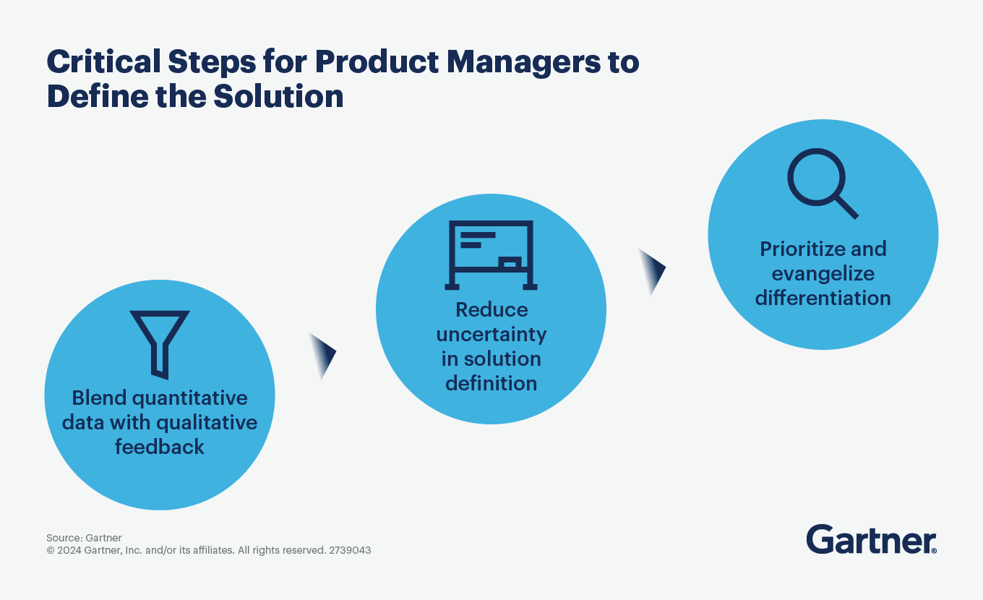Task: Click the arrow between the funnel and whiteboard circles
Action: click(323, 356)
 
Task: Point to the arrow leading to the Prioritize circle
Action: click(653, 272)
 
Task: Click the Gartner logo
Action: click(871, 539)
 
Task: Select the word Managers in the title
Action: click(524, 63)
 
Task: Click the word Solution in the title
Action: click(278, 96)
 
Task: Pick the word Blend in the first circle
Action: click(100, 398)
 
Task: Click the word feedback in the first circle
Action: click(160, 447)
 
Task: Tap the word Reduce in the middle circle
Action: click(491, 309)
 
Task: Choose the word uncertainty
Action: click(491, 335)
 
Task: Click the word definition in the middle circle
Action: click(491, 383)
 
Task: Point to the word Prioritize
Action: click(800, 249)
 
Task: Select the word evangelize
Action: click(823, 274)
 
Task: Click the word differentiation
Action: click(823, 298)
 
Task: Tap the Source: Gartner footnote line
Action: click(85, 538)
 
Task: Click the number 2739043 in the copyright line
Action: click(350, 550)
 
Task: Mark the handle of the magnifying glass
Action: click(846, 207)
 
